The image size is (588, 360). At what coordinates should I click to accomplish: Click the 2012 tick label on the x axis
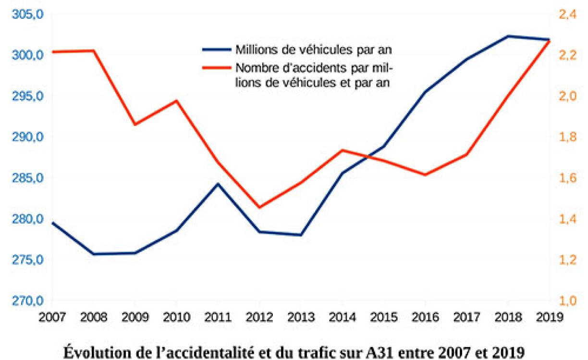(259, 318)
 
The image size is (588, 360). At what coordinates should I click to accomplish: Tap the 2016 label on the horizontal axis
(425, 318)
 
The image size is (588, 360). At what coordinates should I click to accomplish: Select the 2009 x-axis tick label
(135, 318)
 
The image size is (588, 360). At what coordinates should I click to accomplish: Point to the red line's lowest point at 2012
(259, 208)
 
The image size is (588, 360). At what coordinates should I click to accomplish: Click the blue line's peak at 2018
(508, 36)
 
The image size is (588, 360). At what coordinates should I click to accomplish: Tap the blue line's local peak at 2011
(218, 184)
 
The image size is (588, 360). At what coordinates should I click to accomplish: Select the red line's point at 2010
(176, 100)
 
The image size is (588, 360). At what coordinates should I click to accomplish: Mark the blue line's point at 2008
(93, 254)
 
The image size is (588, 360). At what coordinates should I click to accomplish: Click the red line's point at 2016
(425, 174)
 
